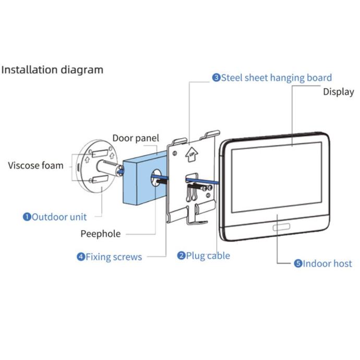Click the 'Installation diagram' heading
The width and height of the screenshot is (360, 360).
(52, 69)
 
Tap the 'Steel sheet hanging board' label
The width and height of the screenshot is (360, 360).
(276, 78)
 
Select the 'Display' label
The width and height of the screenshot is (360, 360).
(338, 92)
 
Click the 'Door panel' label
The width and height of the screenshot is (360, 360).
(136, 138)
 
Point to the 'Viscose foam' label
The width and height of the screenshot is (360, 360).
(35, 166)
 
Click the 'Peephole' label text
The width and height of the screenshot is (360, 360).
(100, 234)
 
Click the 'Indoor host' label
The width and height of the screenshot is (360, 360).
(327, 263)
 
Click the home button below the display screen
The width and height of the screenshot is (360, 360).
(281, 227)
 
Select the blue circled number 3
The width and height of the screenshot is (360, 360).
(216, 78)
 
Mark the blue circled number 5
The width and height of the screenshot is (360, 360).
(298, 263)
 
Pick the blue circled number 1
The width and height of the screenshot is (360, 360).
(27, 217)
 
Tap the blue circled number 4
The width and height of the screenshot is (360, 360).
(81, 257)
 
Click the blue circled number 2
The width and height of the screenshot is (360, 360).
(182, 256)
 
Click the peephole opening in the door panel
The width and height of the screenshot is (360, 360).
(157, 180)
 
